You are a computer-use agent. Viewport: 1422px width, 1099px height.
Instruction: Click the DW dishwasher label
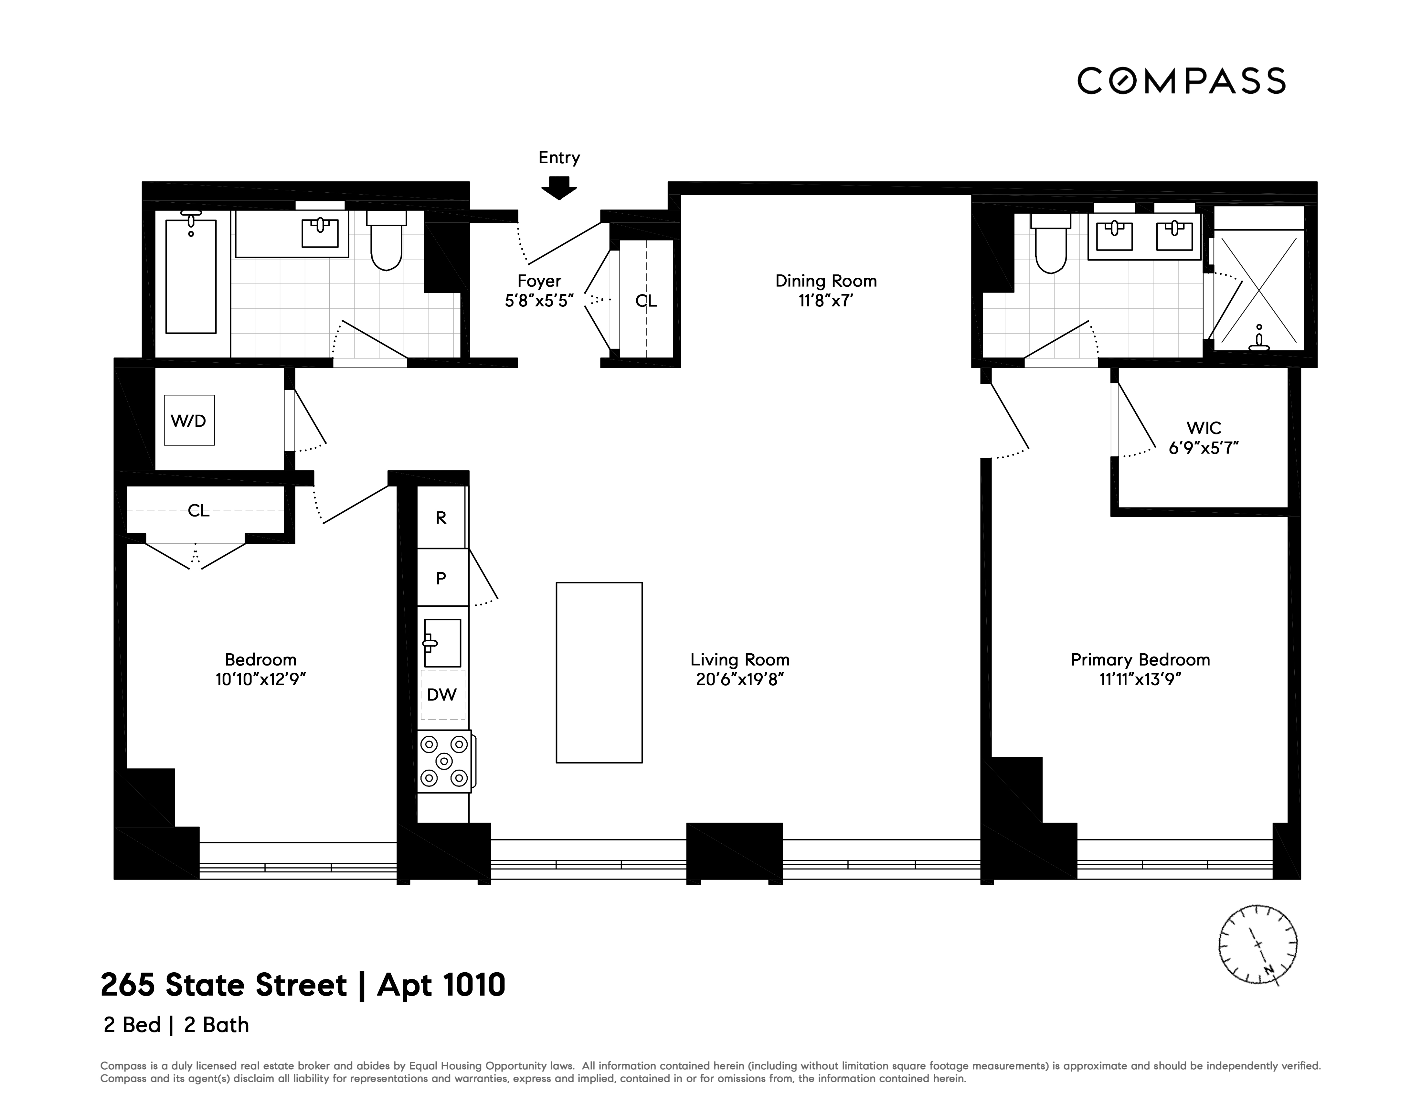(442, 695)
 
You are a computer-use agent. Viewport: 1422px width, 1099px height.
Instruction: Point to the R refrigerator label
(441, 517)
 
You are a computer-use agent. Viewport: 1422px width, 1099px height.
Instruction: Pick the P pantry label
(441, 578)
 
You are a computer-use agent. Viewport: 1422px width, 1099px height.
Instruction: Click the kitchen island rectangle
(599, 672)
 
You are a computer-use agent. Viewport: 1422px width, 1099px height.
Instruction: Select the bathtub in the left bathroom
(191, 277)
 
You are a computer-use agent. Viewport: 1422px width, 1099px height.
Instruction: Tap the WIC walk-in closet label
(1203, 428)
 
